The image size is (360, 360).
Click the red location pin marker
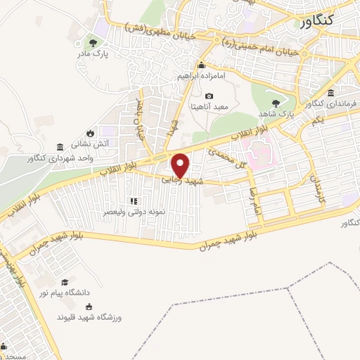point(181,165)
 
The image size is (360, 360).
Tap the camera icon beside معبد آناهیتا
point(208,96)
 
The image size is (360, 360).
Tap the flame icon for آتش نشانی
point(90,133)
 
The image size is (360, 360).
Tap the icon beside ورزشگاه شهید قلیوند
point(89,306)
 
